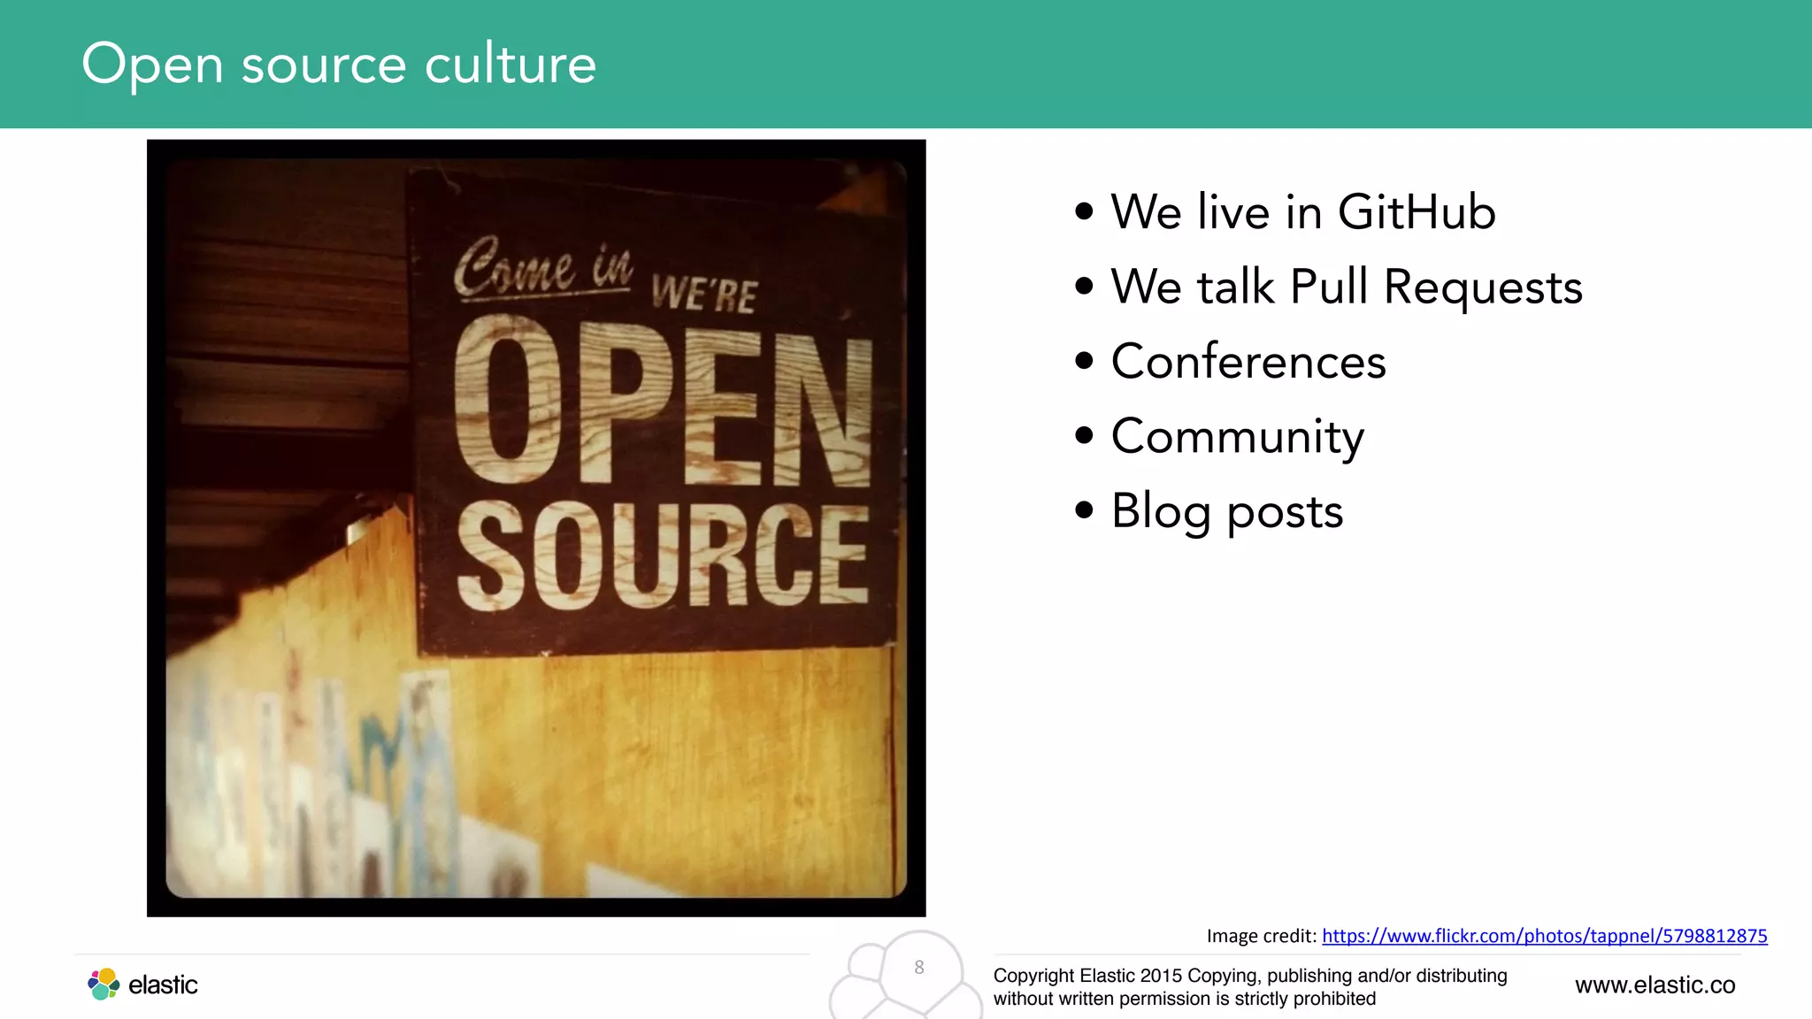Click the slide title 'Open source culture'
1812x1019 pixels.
(x=339, y=64)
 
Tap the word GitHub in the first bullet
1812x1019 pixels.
(x=1417, y=212)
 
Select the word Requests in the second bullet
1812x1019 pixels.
(x=1483, y=287)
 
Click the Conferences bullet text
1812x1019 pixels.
(x=1248, y=362)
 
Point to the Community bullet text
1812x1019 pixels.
(x=1237, y=437)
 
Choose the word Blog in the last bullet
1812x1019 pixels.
(x=1160, y=512)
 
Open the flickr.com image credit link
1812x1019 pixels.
(x=1544, y=936)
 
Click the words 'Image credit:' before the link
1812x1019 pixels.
(x=1261, y=936)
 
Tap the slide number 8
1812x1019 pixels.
(x=919, y=968)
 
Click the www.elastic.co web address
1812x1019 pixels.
(x=1655, y=985)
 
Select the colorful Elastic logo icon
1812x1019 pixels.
(x=104, y=984)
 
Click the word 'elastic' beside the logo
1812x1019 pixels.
(x=163, y=985)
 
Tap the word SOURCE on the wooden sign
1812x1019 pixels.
(x=662, y=555)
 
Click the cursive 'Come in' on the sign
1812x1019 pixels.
(x=542, y=267)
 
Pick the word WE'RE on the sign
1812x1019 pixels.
(x=704, y=294)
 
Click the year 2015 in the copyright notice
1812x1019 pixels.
(x=1161, y=976)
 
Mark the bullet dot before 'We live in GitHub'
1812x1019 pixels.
(x=1084, y=211)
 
